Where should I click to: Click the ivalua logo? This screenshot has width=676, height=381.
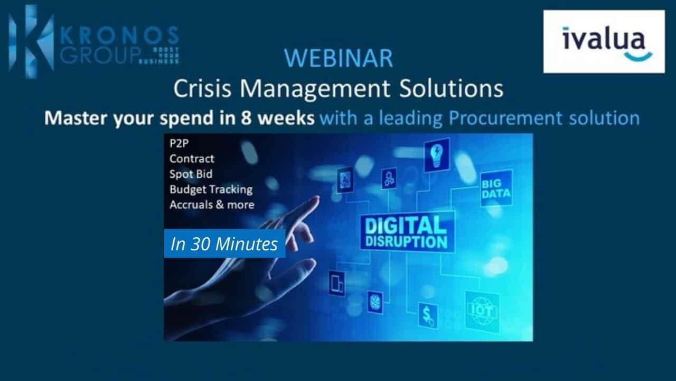(x=604, y=42)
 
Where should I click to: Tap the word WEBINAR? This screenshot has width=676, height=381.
(x=339, y=58)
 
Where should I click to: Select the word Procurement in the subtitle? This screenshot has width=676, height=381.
(x=505, y=118)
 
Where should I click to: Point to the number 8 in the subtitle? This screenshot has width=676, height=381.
(x=247, y=118)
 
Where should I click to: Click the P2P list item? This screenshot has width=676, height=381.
(x=179, y=143)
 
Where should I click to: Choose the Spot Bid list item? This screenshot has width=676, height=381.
(x=191, y=174)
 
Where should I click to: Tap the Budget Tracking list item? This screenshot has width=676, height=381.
(x=211, y=189)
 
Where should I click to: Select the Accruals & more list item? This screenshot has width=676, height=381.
(x=212, y=205)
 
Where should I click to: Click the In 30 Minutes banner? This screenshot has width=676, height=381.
(x=224, y=244)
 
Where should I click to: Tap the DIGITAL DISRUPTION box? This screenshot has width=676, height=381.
(x=407, y=232)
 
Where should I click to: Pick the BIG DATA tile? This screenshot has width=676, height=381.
(x=496, y=188)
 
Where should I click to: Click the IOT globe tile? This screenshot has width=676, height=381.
(x=482, y=311)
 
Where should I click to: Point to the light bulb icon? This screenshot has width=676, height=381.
(x=437, y=155)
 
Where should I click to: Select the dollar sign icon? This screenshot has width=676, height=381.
(x=428, y=316)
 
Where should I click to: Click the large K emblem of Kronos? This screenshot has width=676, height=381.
(x=31, y=41)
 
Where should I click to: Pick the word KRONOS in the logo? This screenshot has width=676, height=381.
(x=119, y=35)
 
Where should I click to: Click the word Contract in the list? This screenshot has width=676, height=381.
(x=192, y=158)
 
